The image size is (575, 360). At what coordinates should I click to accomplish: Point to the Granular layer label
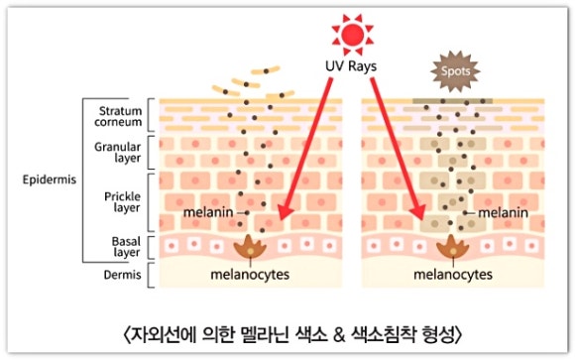pyautogui.click(x=121, y=151)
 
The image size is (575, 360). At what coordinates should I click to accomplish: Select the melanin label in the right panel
pyautogui.click(x=502, y=213)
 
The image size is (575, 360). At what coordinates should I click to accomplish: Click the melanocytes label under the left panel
pyautogui.click(x=248, y=274)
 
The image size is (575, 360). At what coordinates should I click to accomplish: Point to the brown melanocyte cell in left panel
pyautogui.click(x=247, y=249)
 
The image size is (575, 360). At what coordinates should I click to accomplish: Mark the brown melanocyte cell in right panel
pyautogui.click(x=454, y=249)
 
